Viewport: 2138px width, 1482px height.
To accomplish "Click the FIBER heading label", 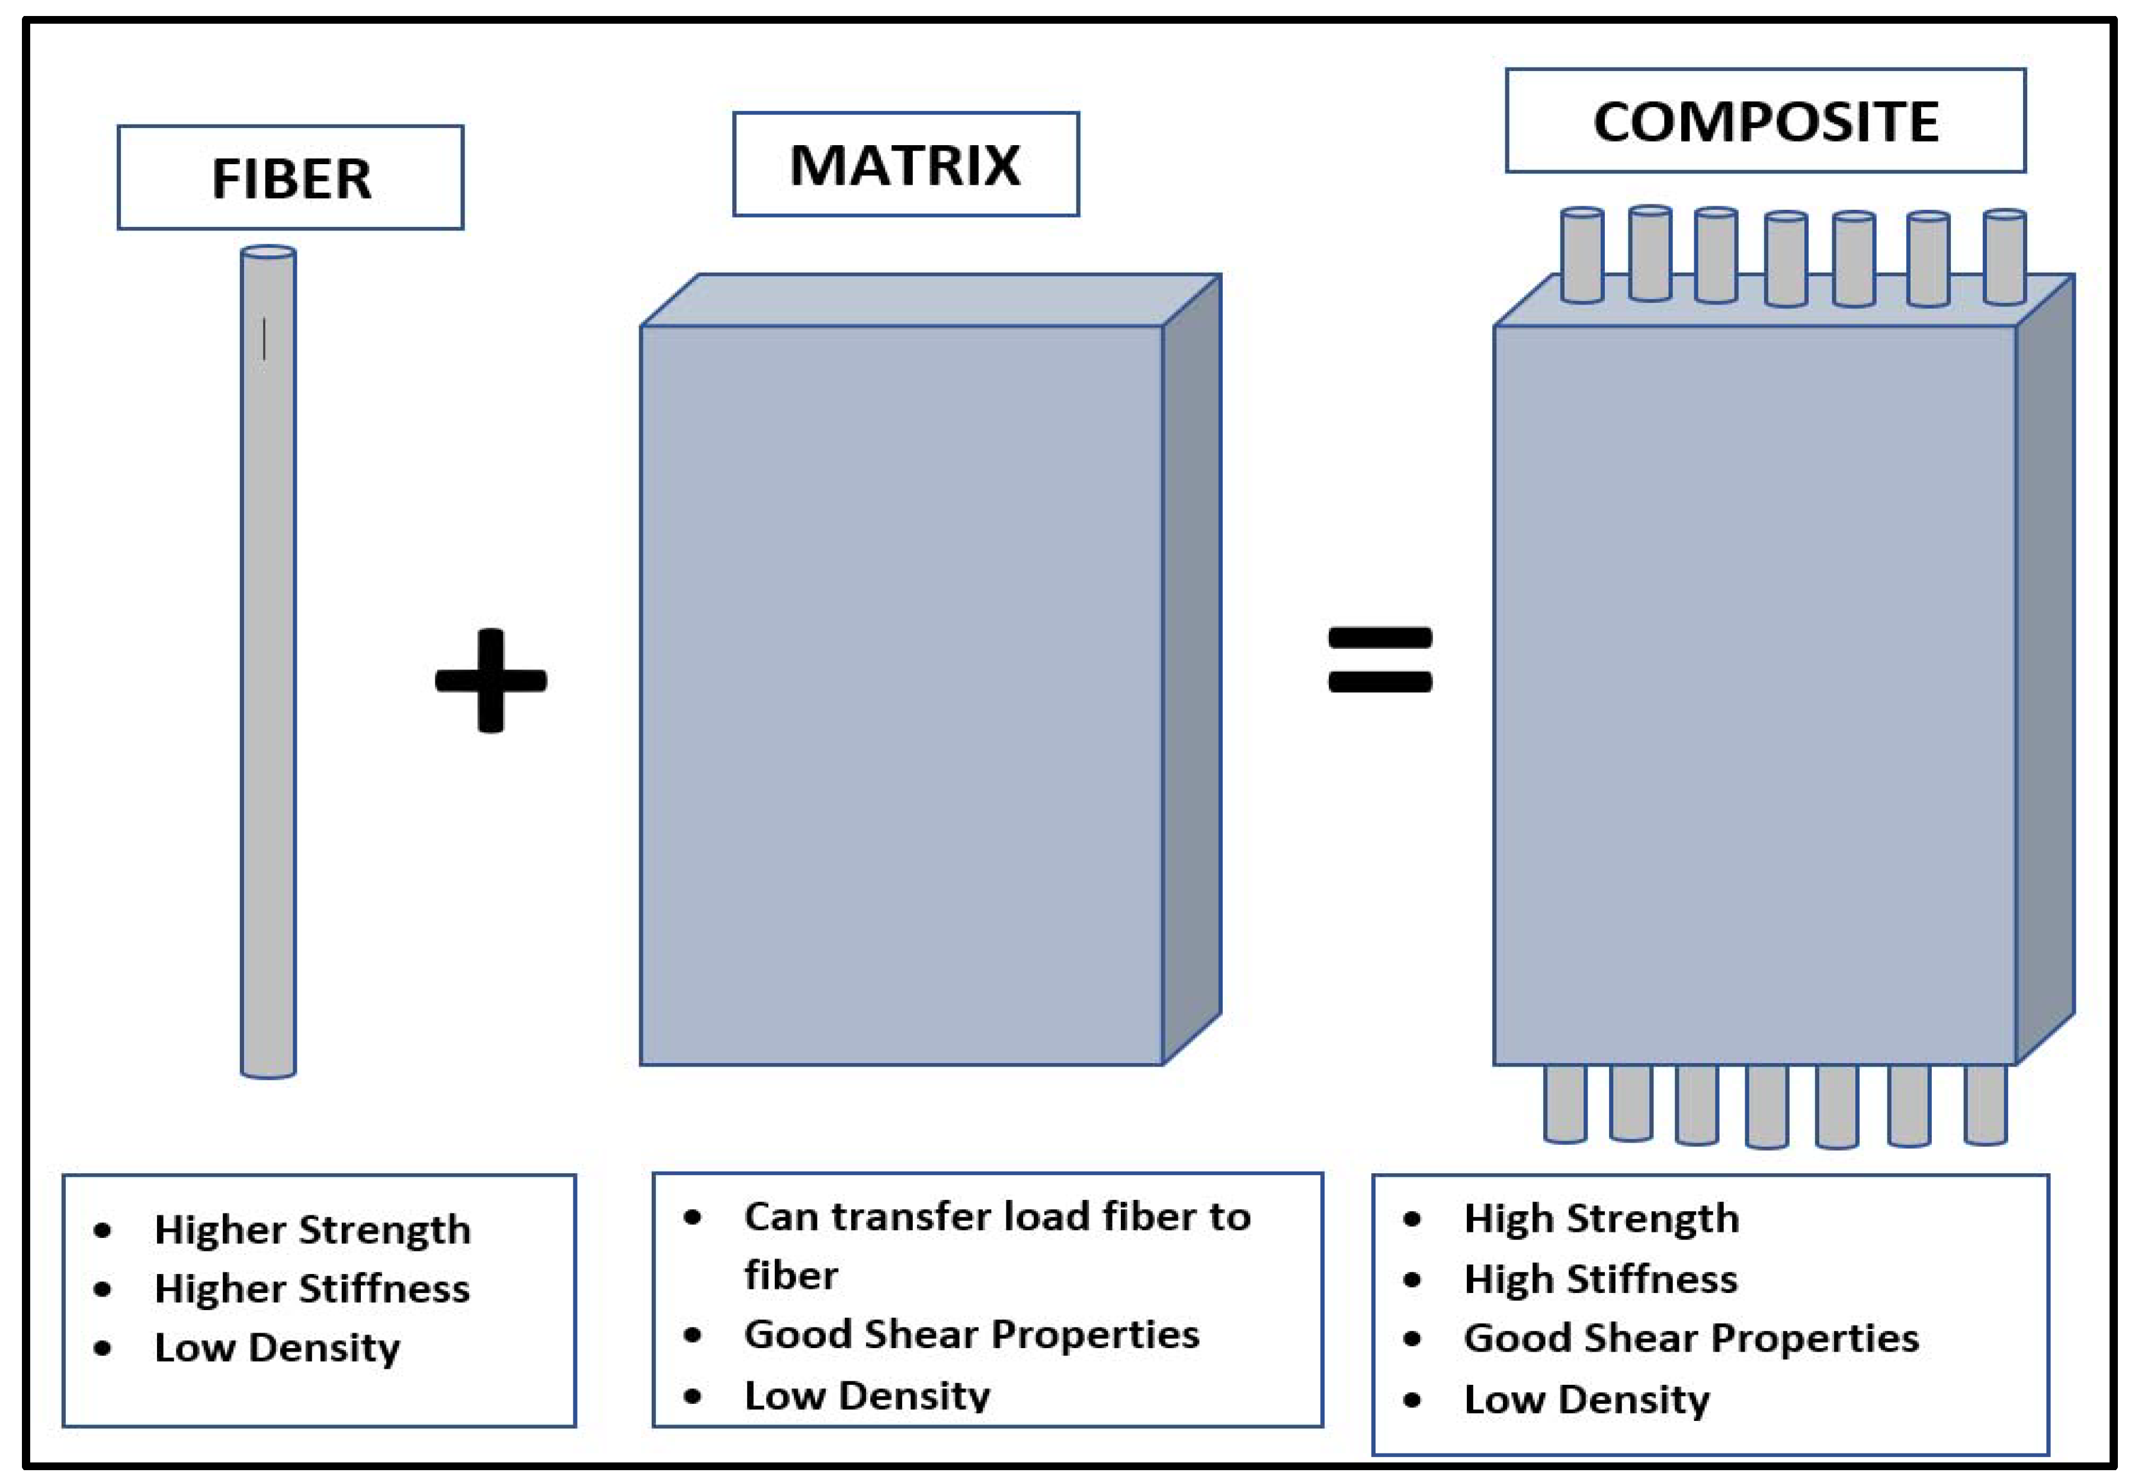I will tap(290, 178).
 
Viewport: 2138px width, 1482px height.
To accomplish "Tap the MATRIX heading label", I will tap(905, 165).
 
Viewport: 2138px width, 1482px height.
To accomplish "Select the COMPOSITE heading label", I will tap(1765, 121).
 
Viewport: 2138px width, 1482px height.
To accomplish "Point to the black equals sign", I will tap(1380, 660).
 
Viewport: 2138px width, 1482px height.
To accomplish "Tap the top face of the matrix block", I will tap(928, 299).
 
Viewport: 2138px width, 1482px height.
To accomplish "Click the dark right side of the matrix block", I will tap(1192, 668).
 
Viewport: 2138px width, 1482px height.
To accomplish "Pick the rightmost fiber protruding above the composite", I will tap(2004, 257).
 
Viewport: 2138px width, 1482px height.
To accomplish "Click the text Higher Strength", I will tap(312, 1230).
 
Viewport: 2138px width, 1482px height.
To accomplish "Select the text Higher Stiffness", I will tap(312, 1289).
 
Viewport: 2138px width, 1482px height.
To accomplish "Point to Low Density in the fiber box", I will tap(277, 1348).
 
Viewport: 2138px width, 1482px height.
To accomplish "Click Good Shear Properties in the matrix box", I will tap(971, 1334).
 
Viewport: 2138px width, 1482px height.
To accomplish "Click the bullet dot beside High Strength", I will tap(1412, 1220).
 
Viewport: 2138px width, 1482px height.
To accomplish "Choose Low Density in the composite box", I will tap(1586, 1400).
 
